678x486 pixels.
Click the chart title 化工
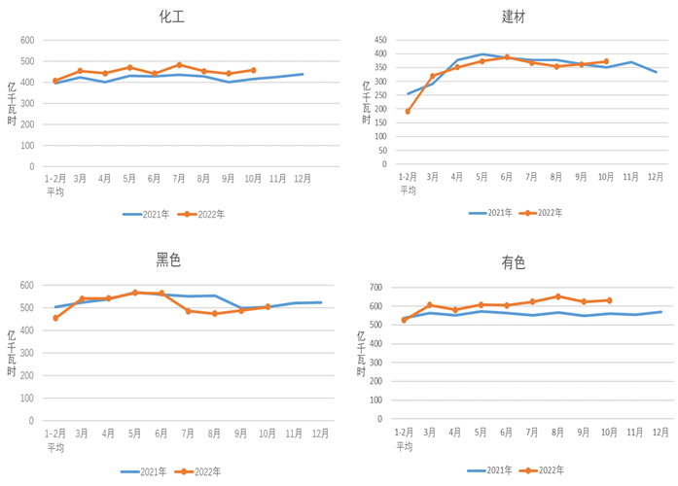(172, 17)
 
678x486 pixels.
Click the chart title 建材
(515, 17)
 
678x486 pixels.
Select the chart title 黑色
(168, 260)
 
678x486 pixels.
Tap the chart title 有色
(514, 262)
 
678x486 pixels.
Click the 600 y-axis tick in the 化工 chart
(27, 41)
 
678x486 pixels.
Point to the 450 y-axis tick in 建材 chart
(379, 40)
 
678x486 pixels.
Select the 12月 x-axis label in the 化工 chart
(303, 179)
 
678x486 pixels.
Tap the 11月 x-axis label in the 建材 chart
(631, 176)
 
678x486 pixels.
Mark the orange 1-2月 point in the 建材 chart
(408, 111)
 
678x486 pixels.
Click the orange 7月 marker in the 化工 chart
(179, 65)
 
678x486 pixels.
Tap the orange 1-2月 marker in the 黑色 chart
(55, 318)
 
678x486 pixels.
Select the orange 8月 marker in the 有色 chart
(558, 296)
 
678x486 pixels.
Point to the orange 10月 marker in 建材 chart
(606, 61)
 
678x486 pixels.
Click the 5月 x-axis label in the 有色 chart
(481, 432)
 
